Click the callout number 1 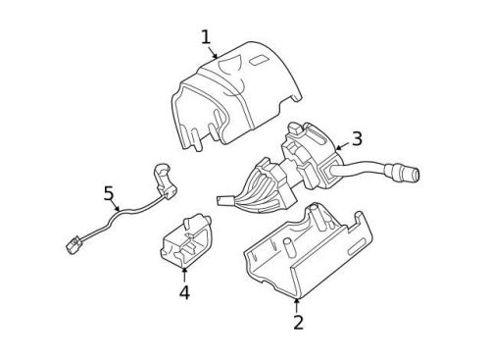tap(207, 37)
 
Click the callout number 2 tap(298, 321)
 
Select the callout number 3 tap(357, 138)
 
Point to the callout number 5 tap(110, 193)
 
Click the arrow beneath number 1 tap(215, 52)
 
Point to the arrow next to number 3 tap(339, 146)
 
